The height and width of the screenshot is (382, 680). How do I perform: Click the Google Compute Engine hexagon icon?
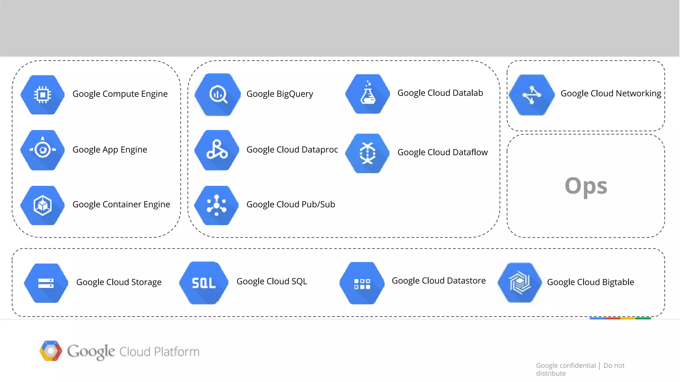[x=42, y=95]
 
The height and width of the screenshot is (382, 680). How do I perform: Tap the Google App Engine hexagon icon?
[x=42, y=150]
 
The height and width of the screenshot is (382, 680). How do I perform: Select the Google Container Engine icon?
[x=42, y=205]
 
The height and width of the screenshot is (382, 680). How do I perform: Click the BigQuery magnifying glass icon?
[x=217, y=95]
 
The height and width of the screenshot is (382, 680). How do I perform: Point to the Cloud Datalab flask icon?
[x=368, y=94]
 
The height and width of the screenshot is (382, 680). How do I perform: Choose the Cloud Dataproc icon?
[x=217, y=150]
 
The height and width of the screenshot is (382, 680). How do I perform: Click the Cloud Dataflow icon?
[x=367, y=153]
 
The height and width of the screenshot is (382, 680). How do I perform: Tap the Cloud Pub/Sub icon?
[x=216, y=205]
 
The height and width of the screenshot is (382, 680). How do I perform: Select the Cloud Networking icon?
[x=532, y=95]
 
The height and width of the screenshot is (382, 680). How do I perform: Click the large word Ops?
[x=586, y=186]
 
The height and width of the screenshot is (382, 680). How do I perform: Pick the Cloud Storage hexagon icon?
[x=46, y=283]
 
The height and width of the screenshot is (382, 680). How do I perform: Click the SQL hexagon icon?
[x=204, y=283]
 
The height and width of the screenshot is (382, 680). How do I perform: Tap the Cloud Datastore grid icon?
[x=362, y=283]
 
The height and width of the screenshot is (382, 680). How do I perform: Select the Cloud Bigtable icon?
[x=520, y=283]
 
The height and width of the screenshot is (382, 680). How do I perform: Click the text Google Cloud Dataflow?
[x=442, y=152]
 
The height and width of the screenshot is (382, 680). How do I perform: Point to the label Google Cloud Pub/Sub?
[x=291, y=204]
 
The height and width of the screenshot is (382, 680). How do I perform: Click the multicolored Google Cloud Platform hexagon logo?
[x=50, y=350]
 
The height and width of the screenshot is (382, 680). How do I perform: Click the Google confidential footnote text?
[x=566, y=365]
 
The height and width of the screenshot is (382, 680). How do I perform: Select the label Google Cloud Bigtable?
[x=590, y=282]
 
